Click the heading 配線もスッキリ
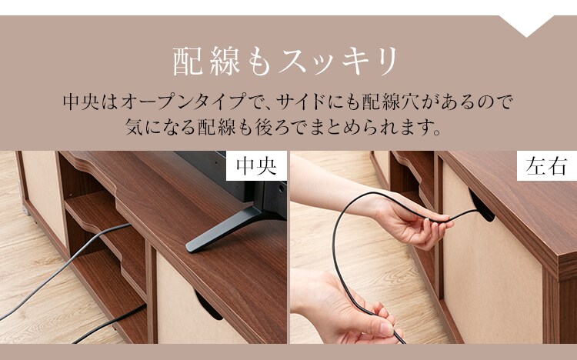pos(287,60)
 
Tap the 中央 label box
pos(255,166)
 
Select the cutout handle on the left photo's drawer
pos(208,304)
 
